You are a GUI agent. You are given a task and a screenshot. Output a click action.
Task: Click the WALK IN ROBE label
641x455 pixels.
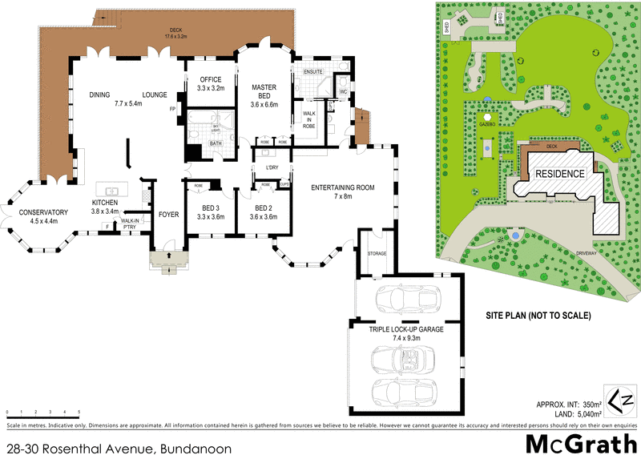point(308,120)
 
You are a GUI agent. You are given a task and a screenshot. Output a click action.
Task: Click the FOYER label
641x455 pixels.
point(168,215)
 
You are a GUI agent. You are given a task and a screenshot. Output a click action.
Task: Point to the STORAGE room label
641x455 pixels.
point(376,253)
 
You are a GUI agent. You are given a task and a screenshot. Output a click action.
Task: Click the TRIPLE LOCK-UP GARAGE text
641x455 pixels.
point(406,329)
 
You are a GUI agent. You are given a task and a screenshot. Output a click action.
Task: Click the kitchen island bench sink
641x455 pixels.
point(112,191)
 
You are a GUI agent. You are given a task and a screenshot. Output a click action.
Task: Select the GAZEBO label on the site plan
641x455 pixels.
point(486,126)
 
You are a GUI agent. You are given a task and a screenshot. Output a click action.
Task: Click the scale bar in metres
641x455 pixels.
point(42,413)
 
